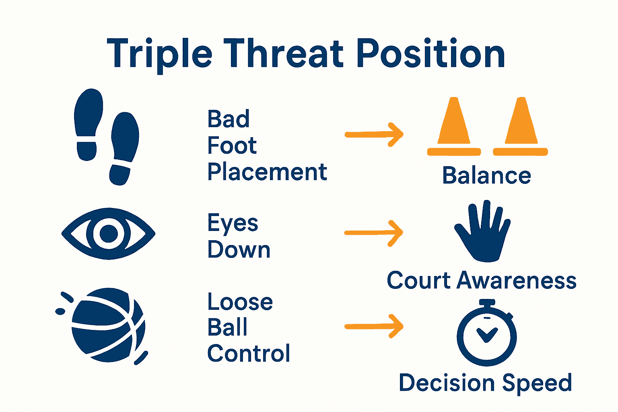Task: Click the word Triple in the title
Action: pos(159,54)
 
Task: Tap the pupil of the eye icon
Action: pos(108,233)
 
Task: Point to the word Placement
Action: pos(267,172)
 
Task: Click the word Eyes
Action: pos(233,223)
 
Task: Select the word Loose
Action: pos(240,302)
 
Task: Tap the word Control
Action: pos(249,353)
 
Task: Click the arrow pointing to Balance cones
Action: pos(374,134)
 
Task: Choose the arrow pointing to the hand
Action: pos(374,233)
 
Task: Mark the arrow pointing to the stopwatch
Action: pos(374,326)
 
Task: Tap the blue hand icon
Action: pos(483,233)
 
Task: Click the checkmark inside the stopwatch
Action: pos(487,334)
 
